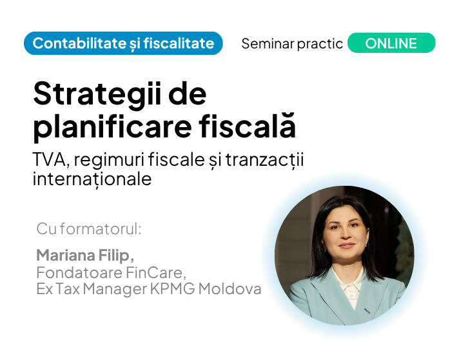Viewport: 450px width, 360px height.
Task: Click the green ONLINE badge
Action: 391,43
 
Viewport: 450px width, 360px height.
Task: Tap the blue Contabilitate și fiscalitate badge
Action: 123,43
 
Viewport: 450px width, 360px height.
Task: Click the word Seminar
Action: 268,44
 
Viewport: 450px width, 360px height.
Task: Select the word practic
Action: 320,44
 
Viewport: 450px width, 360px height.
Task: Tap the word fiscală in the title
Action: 248,125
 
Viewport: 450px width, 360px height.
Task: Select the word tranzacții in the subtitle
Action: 264,160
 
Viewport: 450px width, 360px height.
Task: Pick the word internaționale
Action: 92,179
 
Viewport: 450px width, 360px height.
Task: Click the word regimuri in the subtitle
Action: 109,160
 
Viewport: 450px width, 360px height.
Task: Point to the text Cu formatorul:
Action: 89,229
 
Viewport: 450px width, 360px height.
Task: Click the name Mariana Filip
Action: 85,255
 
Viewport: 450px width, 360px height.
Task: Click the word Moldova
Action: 230,288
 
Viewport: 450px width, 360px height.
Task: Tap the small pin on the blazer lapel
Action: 367,310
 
